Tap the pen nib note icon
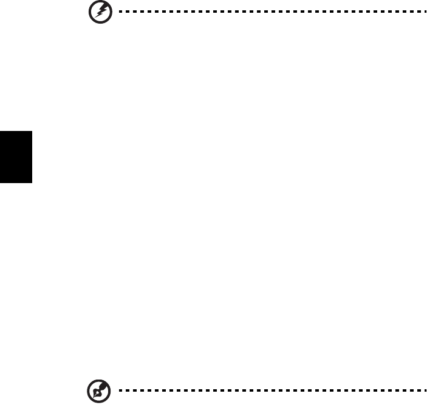tap(96, 391)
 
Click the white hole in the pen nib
tap(95, 392)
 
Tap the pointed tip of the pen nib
tap(92, 396)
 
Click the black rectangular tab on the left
tap(16, 156)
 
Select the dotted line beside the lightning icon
tap(265, 12)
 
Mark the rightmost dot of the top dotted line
tap(418, 12)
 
